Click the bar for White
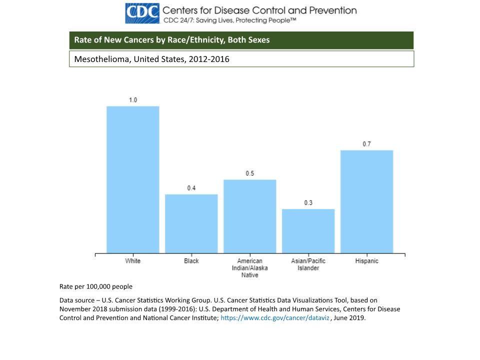(133, 179)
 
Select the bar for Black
(191, 223)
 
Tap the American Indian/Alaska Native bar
(250, 216)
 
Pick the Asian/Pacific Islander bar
(308, 231)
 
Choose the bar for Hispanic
(367, 201)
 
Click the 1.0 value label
(133, 100)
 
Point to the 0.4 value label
(191, 188)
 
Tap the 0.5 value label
(250, 173)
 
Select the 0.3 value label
(308, 203)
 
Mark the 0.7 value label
(367, 144)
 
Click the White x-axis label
(133, 261)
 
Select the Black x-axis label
(191, 261)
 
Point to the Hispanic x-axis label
(367, 261)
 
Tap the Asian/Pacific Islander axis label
(308, 264)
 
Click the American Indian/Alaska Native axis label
(250, 268)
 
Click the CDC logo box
(142, 13)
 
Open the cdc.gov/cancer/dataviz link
(275, 318)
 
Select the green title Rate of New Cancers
(172, 40)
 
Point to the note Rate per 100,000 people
(96, 286)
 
